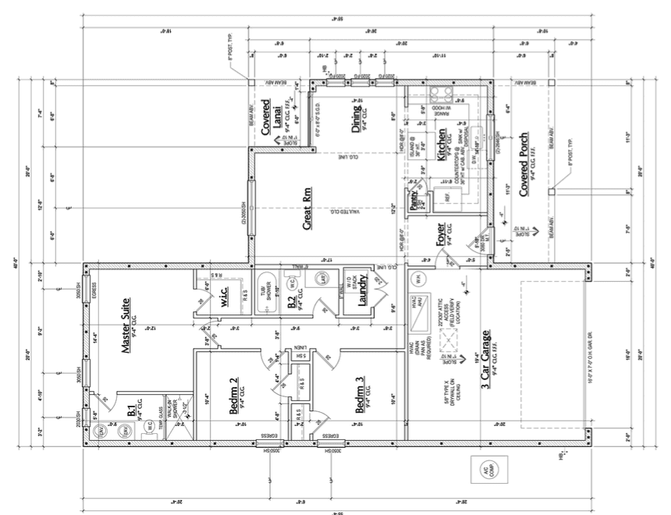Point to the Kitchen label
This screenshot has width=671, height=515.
(x=441, y=146)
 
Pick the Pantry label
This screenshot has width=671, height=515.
(x=414, y=201)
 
